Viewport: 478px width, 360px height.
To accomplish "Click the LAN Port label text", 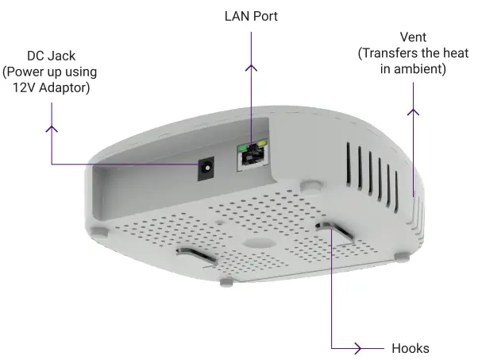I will click(251, 16).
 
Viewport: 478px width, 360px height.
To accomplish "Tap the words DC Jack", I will click(50, 56).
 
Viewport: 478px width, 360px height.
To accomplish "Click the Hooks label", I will click(411, 348).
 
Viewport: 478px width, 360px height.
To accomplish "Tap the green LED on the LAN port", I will click(243, 148).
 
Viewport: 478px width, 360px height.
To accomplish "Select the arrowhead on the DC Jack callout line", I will click(53, 127).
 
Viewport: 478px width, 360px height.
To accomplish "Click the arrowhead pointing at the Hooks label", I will click(357, 348).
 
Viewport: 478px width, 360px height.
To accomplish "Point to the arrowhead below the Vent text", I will click(413, 111).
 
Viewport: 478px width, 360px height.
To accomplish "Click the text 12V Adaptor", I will click(50, 87).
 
